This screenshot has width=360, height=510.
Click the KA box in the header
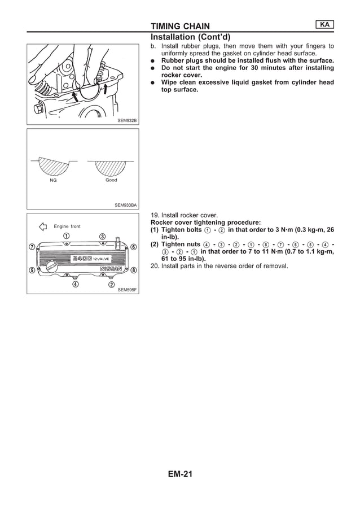coord(324,24)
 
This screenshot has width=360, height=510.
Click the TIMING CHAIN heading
coord(180,26)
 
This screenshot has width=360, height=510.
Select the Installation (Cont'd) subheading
coord(190,37)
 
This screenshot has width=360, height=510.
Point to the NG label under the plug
coord(53,180)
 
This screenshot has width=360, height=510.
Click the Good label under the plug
coord(111,180)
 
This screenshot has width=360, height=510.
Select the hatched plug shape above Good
coord(110,167)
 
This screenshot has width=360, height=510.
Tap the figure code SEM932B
coord(127,120)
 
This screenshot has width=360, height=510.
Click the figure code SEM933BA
coord(125,205)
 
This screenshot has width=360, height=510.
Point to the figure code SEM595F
coord(127,290)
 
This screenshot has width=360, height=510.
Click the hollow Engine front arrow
coord(42,226)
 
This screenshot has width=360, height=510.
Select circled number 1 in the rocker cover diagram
coord(66,236)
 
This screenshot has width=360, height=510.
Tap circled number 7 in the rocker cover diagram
coord(32,247)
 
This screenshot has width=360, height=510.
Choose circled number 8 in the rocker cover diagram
coord(133,270)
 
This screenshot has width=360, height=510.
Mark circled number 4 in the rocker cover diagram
coord(75,284)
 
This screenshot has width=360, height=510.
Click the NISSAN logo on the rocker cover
coord(111,269)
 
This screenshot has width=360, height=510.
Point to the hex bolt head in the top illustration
coord(39,108)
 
